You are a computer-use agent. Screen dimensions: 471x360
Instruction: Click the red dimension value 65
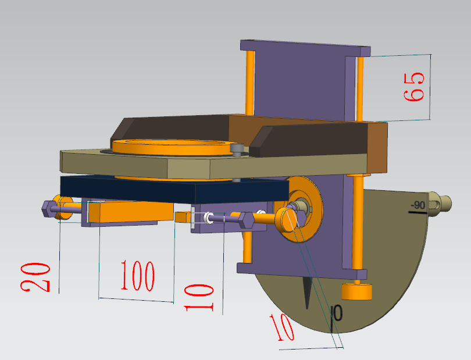(414, 87)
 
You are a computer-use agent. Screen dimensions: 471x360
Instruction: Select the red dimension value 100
(138, 276)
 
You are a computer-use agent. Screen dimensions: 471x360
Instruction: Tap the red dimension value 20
(35, 277)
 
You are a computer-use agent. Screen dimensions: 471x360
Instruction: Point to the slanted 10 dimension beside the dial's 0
(281, 327)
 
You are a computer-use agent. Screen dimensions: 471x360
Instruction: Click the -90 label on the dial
(418, 205)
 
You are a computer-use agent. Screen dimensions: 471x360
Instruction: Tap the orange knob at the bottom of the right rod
(357, 291)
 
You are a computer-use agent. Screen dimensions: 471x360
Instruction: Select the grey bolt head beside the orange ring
(237, 149)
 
